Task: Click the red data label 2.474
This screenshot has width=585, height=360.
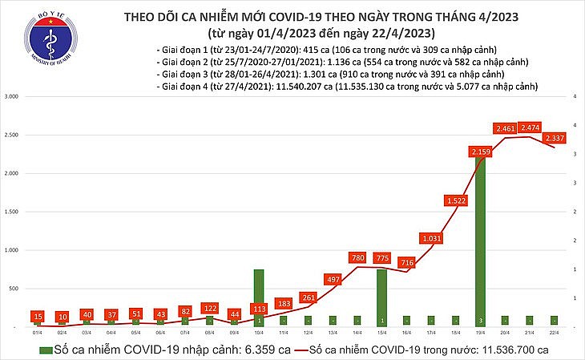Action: (529, 127)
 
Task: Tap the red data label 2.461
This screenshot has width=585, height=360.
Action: (504, 128)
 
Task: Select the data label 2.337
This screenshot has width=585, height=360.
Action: (554, 139)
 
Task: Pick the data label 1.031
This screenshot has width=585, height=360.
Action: (430, 238)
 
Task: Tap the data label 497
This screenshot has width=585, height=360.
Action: (332, 279)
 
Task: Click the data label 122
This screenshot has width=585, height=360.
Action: (210, 308)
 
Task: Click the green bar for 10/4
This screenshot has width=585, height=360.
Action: (259, 297)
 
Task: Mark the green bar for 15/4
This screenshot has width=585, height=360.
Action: (381, 297)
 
